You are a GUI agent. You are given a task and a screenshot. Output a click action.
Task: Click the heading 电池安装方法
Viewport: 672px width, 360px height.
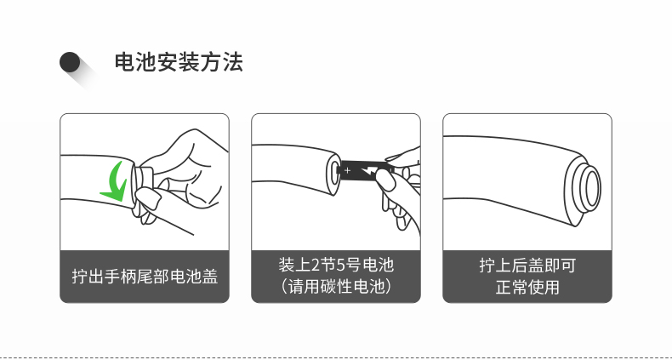179,62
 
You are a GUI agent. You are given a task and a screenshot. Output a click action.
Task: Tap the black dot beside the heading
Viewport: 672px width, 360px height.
70,62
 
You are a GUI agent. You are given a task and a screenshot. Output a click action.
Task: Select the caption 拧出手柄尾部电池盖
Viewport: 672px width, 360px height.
145,277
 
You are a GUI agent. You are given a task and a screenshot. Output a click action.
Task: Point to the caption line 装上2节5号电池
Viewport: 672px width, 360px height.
336,265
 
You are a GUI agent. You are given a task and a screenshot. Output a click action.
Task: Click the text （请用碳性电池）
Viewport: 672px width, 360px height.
336,287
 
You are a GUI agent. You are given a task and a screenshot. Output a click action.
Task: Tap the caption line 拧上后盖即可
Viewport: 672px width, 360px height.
527,265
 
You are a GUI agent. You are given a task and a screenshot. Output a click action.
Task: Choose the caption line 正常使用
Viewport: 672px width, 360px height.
527,287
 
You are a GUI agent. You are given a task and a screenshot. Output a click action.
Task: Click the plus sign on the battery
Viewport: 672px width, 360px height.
347,170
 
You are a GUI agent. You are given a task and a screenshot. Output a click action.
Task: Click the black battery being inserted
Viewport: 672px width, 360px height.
364,171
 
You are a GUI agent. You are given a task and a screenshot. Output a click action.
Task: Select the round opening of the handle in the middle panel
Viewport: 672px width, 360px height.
333,173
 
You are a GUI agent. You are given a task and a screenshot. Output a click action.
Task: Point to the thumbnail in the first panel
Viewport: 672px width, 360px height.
148,198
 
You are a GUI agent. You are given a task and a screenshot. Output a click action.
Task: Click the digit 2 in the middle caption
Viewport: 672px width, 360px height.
316,266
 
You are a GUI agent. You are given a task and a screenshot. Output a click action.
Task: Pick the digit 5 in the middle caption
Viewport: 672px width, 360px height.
341,266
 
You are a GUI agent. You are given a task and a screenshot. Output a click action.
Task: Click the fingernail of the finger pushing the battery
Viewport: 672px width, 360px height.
385,180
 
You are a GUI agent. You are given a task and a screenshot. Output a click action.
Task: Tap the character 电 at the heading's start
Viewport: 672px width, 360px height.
125,62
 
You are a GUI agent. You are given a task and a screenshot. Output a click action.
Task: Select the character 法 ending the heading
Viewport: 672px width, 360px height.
233,62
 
